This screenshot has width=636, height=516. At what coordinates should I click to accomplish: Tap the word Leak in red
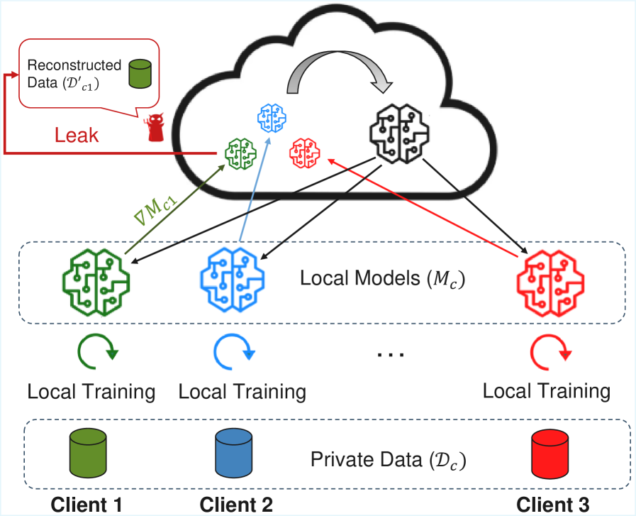pyautogui.click(x=77, y=135)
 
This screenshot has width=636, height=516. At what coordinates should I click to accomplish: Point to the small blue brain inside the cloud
pyautogui.click(x=272, y=117)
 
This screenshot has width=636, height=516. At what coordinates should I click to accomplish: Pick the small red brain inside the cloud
pyautogui.click(x=305, y=151)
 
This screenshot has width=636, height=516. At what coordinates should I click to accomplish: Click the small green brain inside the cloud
pyautogui.click(x=240, y=150)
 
